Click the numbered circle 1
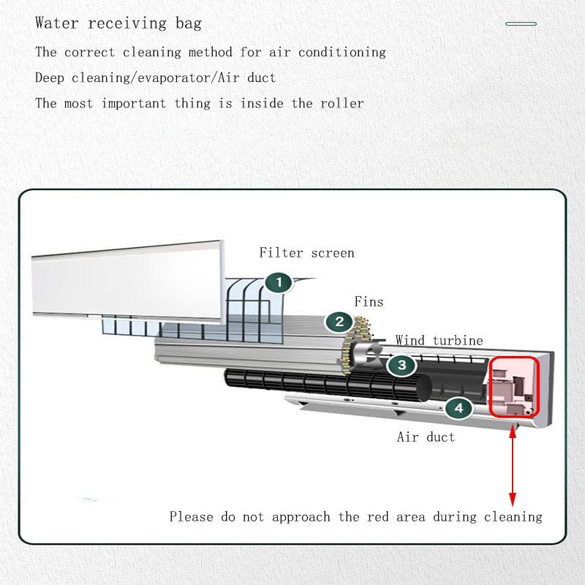[279, 283]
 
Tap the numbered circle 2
[339, 321]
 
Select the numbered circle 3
[401, 365]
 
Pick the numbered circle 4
[458, 408]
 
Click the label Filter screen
[306, 253]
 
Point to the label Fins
[369, 301]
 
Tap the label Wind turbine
[439, 340]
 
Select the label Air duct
[426, 437]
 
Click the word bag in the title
[188, 23]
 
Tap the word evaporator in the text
[164, 78]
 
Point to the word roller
[340, 103]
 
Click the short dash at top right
[521, 24]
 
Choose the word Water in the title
[58, 23]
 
